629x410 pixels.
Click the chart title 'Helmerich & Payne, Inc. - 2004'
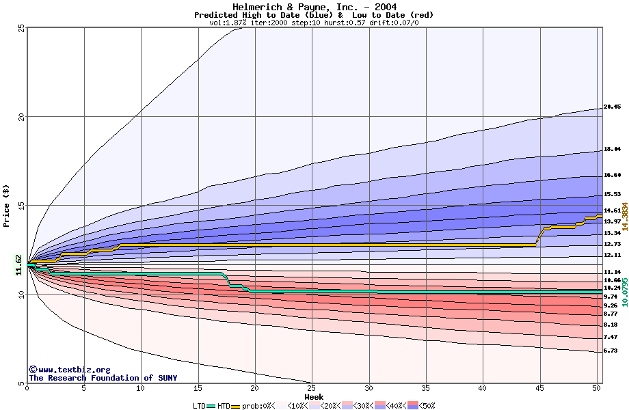pyautogui.click(x=314, y=7)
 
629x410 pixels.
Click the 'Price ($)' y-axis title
pyautogui.click(x=6, y=206)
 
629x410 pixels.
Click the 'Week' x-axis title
pyautogui.click(x=314, y=396)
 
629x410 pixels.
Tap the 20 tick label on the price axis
pyautogui.click(x=21, y=117)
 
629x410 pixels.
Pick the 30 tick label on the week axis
pyautogui.click(x=369, y=389)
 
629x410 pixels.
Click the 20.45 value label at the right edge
pyautogui.click(x=612, y=107)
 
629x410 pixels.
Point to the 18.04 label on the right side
pyautogui.click(x=612, y=148)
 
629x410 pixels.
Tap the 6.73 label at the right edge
pyautogui.click(x=611, y=351)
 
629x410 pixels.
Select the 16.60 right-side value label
pyautogui.click(x=612, y=175)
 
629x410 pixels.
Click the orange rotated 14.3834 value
pyautogui.click(x=624, y=203)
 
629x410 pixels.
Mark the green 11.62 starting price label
pyautogui.click(x=19, y=265)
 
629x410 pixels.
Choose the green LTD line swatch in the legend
pyautogui.click(x=211, y=407)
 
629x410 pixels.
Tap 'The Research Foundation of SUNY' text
pyautogui.click(x=103, y=378)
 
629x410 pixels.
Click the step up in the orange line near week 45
pyautogui.click(x=539, y=236)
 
